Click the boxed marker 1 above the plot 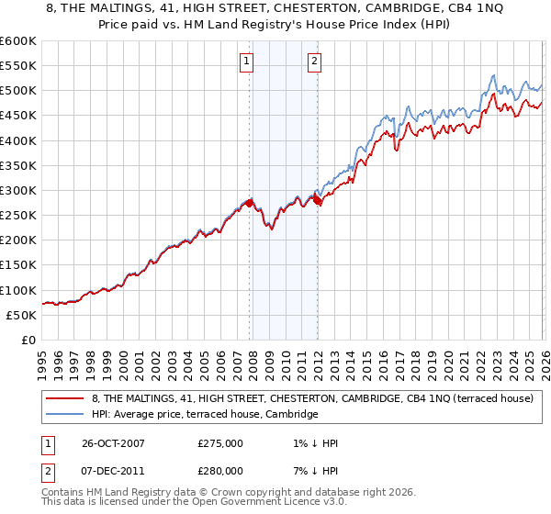tap(248, 61)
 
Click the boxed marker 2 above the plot tap(314, 61)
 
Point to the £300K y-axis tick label tap(18, 191)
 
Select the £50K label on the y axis tap(22, 315)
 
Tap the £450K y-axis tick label tap(18, 116)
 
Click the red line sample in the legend tap(64, 398)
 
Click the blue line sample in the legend tap(64, 414)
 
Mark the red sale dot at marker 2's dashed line tap(317, 198)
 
